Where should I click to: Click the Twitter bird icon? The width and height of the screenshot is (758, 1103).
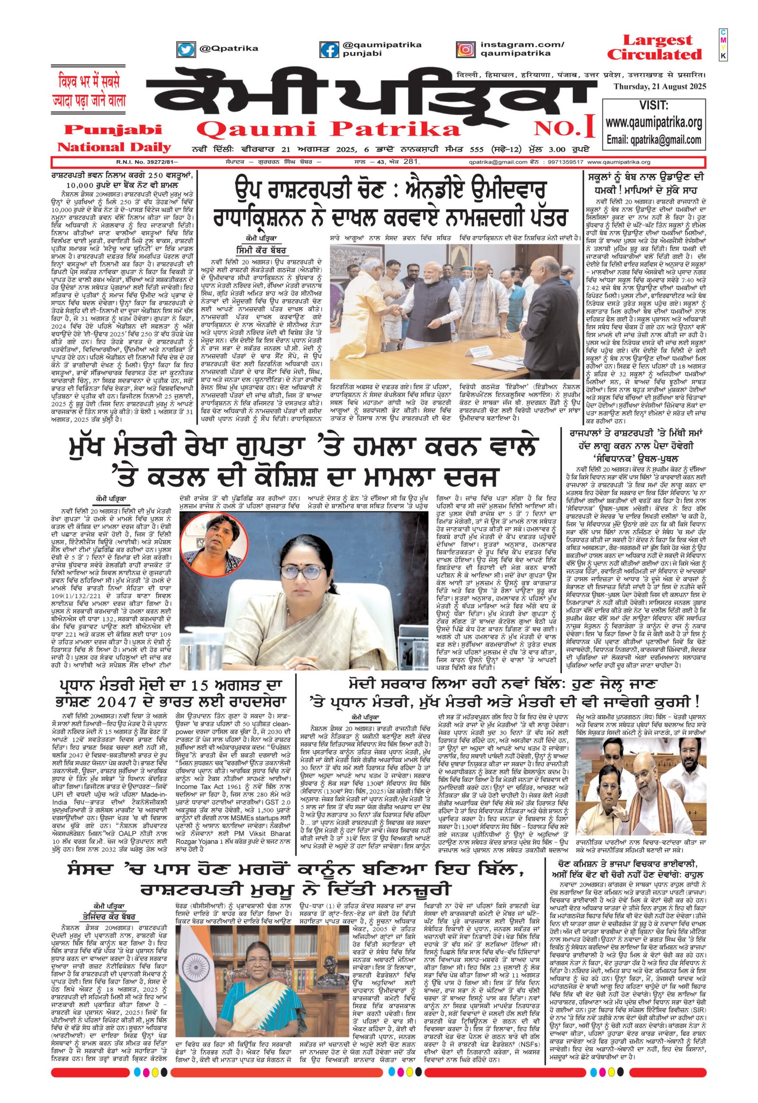[x=186, y=49]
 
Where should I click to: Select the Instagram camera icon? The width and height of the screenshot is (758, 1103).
[x=465, y=49]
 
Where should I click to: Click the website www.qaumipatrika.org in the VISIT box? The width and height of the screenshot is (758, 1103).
[x=654, y=123]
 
